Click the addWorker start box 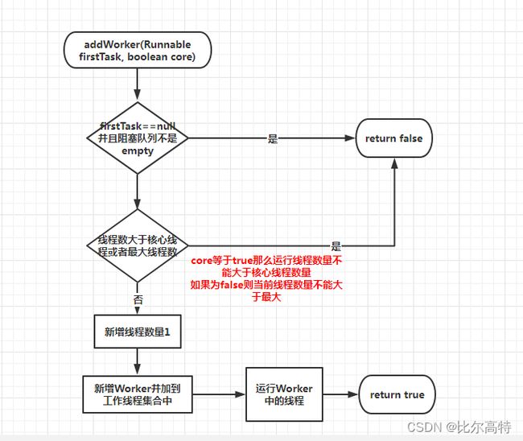pyautogui.click(x=138, y=50)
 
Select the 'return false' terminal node pyautogui.click(x=394, y=138)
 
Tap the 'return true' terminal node pyautogui.click(x=397, y=394)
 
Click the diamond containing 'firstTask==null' pyautogui.click(x=138, y=138)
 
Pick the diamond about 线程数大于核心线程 pyautogui.click(x=138, y=245)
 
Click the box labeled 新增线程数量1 pyautogui.click(x=138, y=332)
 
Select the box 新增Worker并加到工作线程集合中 pyautogui.click(x=138, y=394)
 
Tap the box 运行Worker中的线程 pyautogui.click(x=284, y=394)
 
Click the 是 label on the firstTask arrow pyautogui.click(x=273, y=138)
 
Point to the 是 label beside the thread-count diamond pyautogui.click(x=336, y=246)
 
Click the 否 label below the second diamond pyautogui.click(x=138, y=299)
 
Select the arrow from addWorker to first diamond pyautogui.click(x=137, y=84)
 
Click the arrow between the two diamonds pyautogui.click(x=137, y=192)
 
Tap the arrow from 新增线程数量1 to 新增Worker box pyautogui.click(x=137, y=361)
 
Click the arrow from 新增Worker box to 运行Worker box pyautogui.click(x=219, y=394)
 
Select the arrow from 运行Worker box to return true pyautogui.click(x=340, y=394)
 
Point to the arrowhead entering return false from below pyautogui.click(x=394, y=163)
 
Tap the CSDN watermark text pyautogui.click(x=459, y=427)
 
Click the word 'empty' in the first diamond pyautogui.click(x=138, y=150)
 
